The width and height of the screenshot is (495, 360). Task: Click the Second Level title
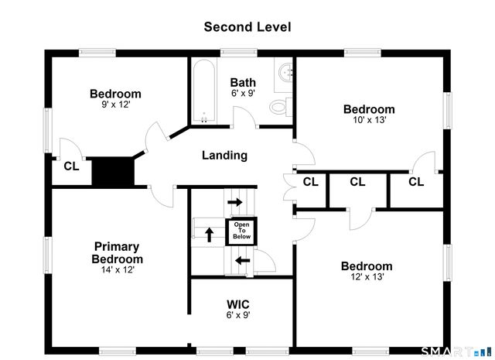pos(247,27)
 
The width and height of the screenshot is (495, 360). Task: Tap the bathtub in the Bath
pos(204,91)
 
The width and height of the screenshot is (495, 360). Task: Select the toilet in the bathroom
pos(281,107)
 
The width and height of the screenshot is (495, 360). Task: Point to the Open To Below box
pos(241,231)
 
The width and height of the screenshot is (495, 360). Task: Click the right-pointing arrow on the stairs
pos(235,201)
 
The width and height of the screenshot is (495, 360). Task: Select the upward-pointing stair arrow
pos(210,235)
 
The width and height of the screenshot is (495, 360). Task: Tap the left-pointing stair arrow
pos(243,261)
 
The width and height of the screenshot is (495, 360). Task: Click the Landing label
pos(224,155)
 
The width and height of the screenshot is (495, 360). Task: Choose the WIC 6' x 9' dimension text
pos(238,315)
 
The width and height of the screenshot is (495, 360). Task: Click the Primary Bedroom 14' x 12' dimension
pos(118,269)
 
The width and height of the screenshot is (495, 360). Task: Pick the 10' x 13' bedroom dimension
pos(370,120)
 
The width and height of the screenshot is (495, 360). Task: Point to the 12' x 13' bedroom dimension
pos(367,276)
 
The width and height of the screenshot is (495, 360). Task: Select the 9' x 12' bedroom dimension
pos(116,105)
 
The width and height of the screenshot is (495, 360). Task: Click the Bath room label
pos(243,83)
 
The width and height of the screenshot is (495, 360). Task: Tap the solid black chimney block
pos(113,171)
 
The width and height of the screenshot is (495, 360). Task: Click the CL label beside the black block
pos(71,166)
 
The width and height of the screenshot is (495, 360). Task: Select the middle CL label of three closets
pos(357,182)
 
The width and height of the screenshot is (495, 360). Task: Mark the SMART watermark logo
pos(456,351)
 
